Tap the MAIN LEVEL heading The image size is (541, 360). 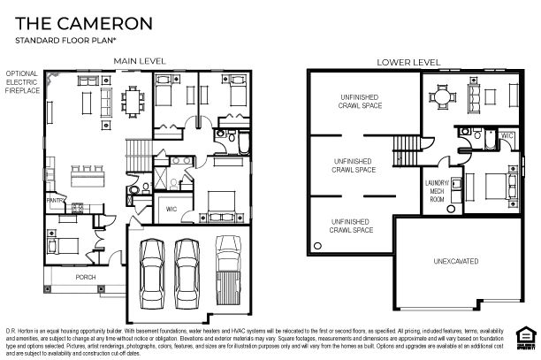(139, 61)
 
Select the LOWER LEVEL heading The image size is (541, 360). (408, 62)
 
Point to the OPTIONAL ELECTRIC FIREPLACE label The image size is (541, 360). (21, 82)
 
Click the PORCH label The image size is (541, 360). (85, 278)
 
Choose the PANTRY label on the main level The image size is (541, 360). (55, 201)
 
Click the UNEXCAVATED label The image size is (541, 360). (456, 262)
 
